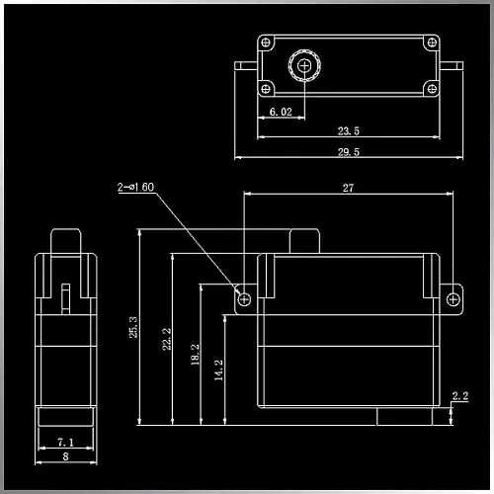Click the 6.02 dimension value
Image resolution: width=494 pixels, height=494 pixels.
click(x=281, y=112)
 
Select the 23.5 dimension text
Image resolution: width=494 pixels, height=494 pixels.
click(x=349, y=131)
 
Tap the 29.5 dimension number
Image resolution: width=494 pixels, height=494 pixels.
click(x=349, y=152)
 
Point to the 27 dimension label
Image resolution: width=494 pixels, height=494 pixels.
click(x=348, y=188)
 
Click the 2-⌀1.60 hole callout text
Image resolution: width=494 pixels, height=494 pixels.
click(x=135, y=187)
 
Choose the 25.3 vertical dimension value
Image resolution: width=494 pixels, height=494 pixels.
click(x=133, y=327)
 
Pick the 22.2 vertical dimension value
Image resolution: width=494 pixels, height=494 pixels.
click(x=167, y=339)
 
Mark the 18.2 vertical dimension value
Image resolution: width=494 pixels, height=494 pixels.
click(x=196, y=355)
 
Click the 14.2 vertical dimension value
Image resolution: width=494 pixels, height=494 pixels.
click(x=218, y=370)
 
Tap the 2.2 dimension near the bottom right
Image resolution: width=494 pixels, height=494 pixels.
click(x=460, y=396)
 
